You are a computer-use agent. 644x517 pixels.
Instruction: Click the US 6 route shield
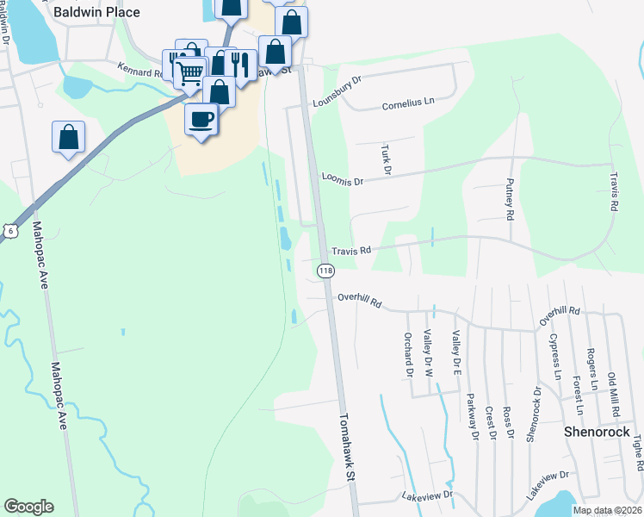[9, 231]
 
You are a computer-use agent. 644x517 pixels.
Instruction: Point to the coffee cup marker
[202, 119]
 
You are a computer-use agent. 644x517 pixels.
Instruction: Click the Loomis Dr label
[344, 179]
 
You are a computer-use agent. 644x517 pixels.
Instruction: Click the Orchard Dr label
[407, 355]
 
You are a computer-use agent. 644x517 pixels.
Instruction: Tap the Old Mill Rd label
[612, 392]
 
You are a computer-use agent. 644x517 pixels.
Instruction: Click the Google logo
[28, 507]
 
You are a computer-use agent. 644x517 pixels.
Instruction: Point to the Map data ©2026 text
[606, 510]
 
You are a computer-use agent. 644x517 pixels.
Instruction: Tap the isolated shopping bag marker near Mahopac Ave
[69, 137]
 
